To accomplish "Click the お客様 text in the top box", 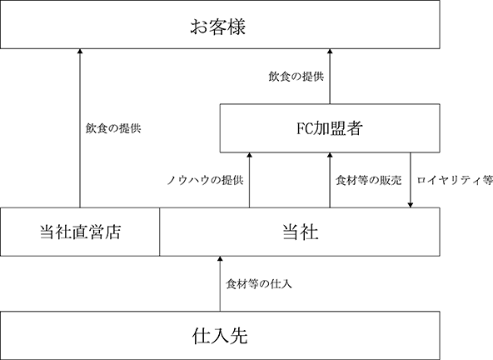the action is pyautogui.click(x=217, y=27).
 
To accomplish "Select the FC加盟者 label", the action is pyautogui.click(x=330, y=128).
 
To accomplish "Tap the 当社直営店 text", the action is pyautogui.click(x=80, y=232).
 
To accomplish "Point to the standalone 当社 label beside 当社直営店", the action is pyautogui.click(x=301, y=232).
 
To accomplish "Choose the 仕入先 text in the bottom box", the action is pyautogui.click(x=220, y=336).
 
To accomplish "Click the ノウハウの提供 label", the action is pyautogui.click(x=205, y=180).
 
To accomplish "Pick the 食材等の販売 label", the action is pyautogui.click(x=368, y=180).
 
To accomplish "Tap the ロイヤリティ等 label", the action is pyautogui.click(x=455, y=180).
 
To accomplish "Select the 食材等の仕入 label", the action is pyautogui.click(x=259, y=284).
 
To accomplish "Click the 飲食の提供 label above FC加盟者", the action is pyautogui.click(x=296, y=77).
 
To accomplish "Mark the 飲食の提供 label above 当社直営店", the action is pyautogui.click(x=113, y=128).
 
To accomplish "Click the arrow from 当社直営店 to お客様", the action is pyautogui.click(x=80, y=128).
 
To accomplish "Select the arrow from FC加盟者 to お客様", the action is pyautogui.click(x=330, y=77).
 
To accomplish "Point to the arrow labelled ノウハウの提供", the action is pyautogui.click(x=249, y=180).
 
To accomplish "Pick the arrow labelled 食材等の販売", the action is pyautogui.click(x=330, y=180).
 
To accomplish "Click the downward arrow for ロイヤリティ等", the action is pyautogui.click(x=411, y=180).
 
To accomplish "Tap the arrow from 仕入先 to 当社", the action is pyautogui.click(x=220, y=284).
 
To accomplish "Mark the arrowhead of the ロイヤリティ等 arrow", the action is pyautogui.click(x=411, y=205).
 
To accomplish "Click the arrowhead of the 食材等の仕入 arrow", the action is pyautogui.click(x=220, y=258).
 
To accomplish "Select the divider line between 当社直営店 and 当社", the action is pyautogui.click(x=159, y=232).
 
